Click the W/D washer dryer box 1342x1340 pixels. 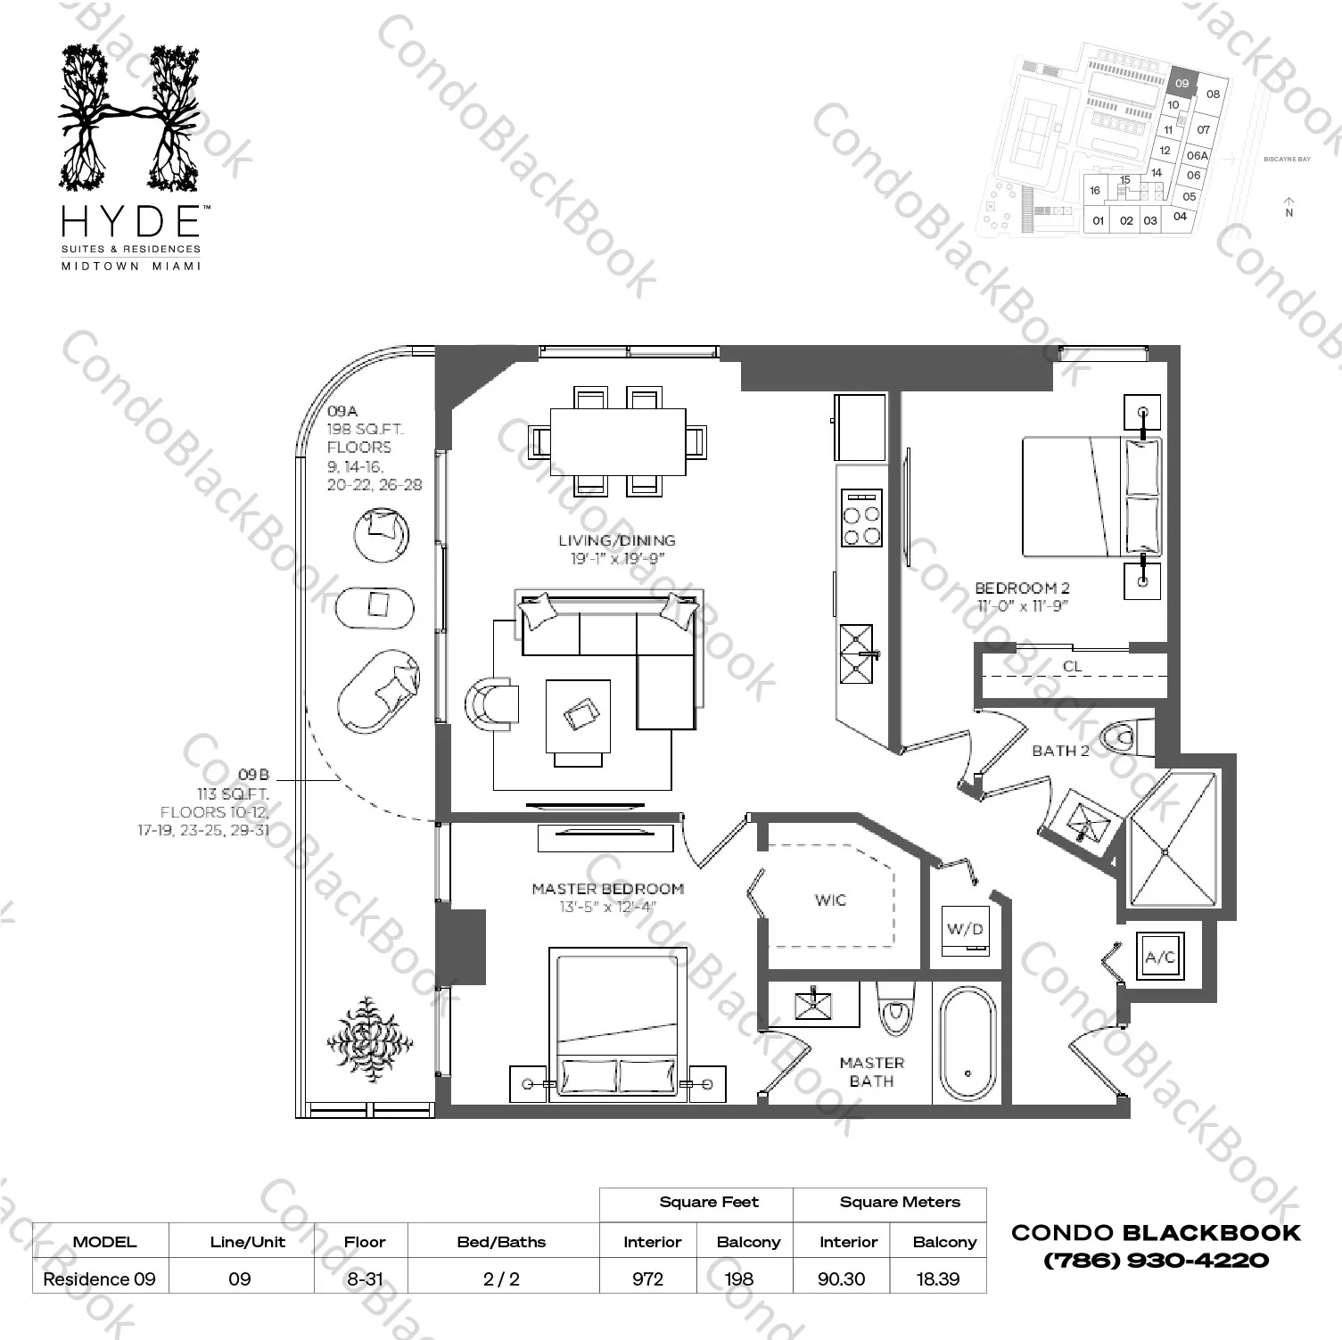pyautogui.click(x=966, y=930)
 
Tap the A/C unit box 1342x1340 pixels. pyautogui.click(x=1160, y=958)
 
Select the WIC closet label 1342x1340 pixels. pyautogui.click(x=830, y=900)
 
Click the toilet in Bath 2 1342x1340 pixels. pyautogui.click(x=1121, y=738)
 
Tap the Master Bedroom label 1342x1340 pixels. pyautogui.click(x=607, y=889)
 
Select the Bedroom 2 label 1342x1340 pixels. pyautogui.click(x=1022, y=588)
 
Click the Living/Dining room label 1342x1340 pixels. pyautogui.click(x=617, y=540)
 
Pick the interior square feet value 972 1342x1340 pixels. pyautogui.click(x=648, y=1278)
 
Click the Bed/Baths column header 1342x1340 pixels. pyautogui.click(x=501, y=1242)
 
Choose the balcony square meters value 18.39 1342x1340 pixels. pyautogui.click(x=938, y=1278)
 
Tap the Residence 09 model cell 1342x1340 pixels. pyautogui.click(x=99, y=1278)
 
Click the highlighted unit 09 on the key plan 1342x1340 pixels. pyautogui.click(x=1181, y=83)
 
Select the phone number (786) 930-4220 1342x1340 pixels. pyautogui.click(x=1156, y=1261)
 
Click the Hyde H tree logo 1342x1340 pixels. pyautogui.click(x=130, y=118)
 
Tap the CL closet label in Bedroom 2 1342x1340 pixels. pyautogui.click(x=1072, y=666)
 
